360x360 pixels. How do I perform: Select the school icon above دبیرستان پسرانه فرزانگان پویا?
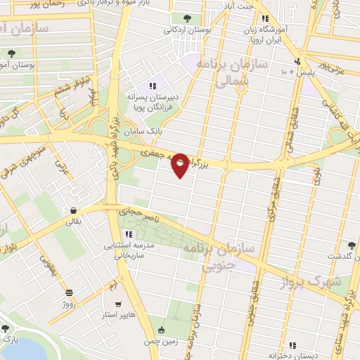point(153,86)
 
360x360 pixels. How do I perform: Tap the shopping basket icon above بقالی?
point(73,210)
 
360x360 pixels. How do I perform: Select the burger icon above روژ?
point(69,293)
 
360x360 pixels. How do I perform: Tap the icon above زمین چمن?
point(163,330)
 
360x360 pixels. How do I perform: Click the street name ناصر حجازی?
point(139,212)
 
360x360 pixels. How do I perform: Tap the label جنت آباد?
point(238,7)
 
